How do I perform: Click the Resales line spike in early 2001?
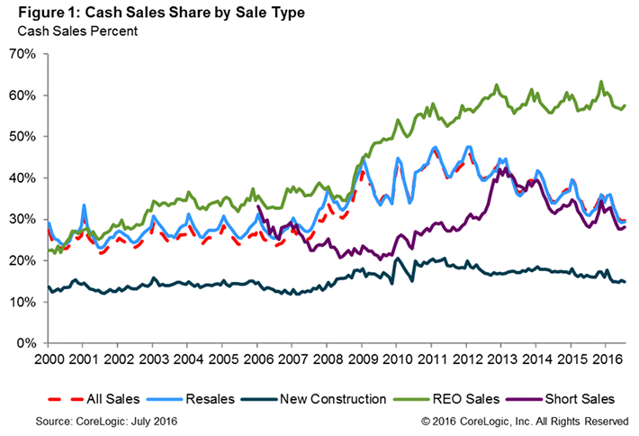tap(84, 206)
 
